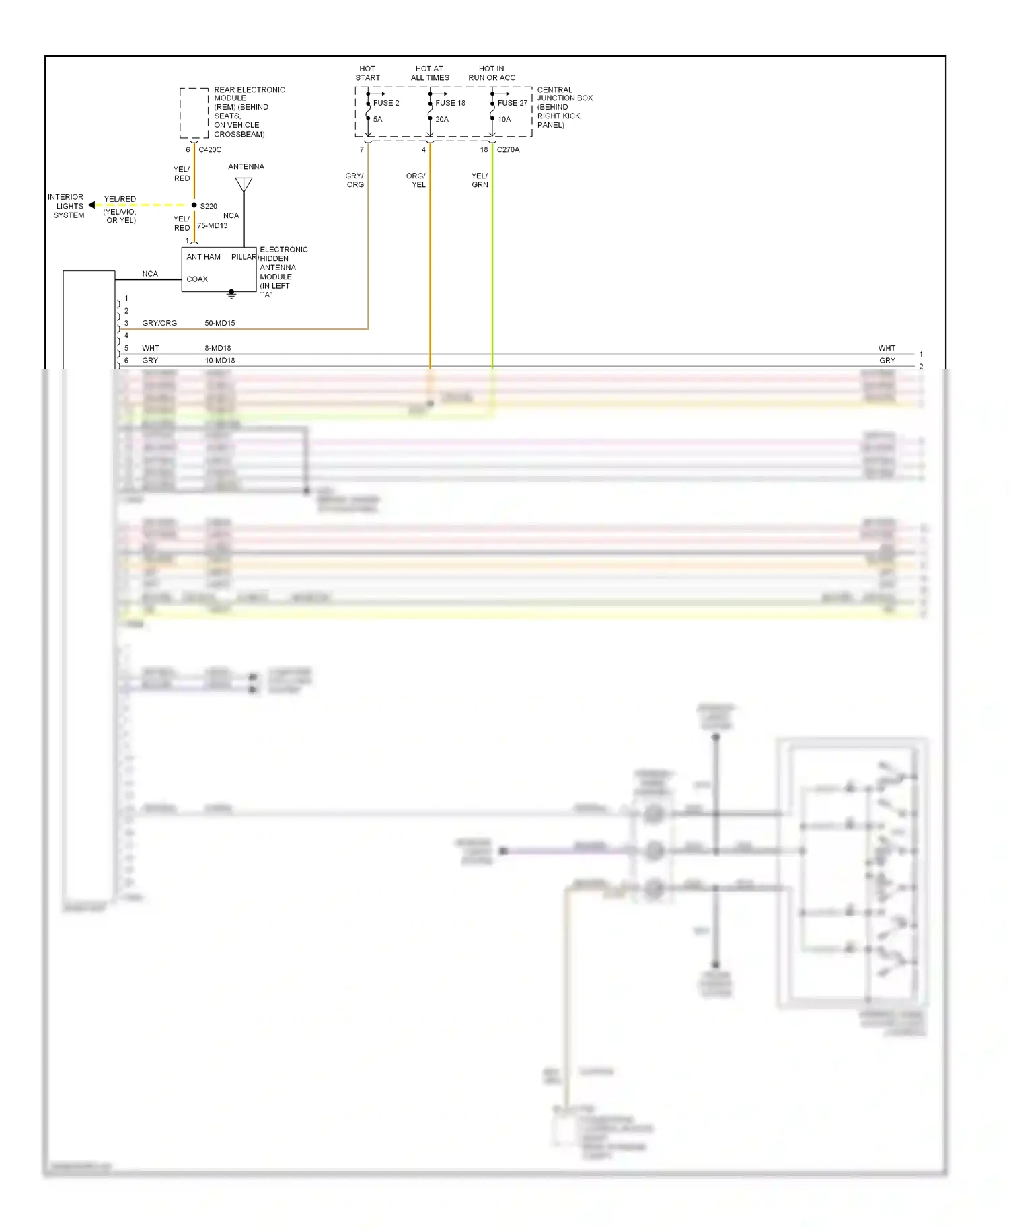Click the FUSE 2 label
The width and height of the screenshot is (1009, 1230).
[386, 103]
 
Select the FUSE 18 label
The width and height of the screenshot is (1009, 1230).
[450, 103]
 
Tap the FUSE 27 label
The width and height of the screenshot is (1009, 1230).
[512, 103]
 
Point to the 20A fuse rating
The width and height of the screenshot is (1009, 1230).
[442, 120]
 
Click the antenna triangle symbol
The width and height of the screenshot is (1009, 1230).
[244, 184]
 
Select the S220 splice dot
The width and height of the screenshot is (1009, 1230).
[194, 205]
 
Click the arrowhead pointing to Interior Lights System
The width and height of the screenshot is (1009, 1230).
[91, 205]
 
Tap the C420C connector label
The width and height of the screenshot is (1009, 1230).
[210, 150]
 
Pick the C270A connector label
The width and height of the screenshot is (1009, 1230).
[508, 150]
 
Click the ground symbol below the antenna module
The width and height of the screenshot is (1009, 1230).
[231, 294]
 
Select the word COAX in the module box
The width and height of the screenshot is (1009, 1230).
[197, 279]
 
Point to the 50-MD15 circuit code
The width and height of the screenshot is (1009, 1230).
[220, 324]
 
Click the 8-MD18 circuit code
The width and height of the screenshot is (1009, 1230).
[218, 349]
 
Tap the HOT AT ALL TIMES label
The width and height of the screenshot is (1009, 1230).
[430, 73]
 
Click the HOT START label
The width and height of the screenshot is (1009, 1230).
[367, 73]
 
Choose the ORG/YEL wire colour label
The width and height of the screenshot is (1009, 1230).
[416, 180]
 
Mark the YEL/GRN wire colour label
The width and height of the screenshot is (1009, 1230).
[480, 180]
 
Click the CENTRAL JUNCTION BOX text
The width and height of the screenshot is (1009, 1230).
[564, 94]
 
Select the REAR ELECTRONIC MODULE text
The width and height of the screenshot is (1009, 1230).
[248, 94]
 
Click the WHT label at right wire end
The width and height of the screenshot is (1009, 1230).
[887, 349]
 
